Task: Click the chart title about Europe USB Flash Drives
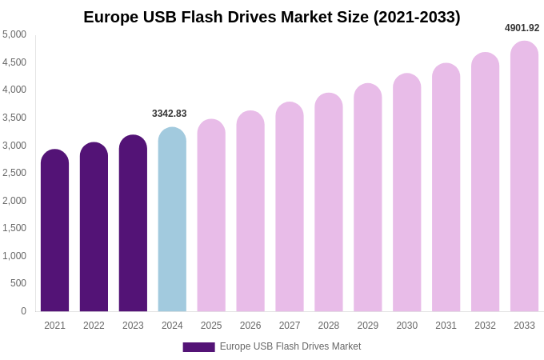tap(272, 17)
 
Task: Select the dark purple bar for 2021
tap(54, 232)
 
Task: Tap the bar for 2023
tap(133, 224)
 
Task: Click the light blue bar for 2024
tap(172, 220)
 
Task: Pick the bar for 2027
tap(290, 208)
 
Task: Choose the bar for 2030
tap(406, 194)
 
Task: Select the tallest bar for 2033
tap(524, 178)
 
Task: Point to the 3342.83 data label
tap(170, 114)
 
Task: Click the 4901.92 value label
tap(522, 28)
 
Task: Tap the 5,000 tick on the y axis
tap(14, 34)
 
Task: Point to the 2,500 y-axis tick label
tap(14, 173)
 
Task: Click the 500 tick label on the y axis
tap(18, 283)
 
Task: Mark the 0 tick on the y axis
tap(23, 311)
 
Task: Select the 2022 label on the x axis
tap(94, 326)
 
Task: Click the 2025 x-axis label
tap(211, 326)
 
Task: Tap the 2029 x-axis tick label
tap(368, 326)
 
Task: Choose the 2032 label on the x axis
tap(485, 326)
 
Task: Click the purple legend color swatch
tap(198, 347)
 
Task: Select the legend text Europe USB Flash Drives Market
tap(290, 346)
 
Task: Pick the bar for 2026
tap(250, 212)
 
